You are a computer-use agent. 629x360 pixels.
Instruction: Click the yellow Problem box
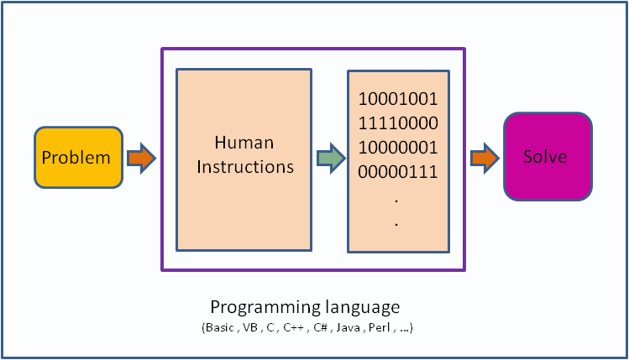coord(78,157)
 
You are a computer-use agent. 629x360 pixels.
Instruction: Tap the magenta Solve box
coord(545,157)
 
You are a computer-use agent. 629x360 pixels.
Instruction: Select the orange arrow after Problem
coord(141,157)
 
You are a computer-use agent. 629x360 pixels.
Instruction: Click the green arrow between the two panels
coord(330,157)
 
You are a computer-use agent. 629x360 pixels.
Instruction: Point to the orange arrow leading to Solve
coord(485,157)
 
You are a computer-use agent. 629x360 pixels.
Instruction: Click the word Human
coord(244,143)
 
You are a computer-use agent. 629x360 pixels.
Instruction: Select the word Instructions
coord(245,166)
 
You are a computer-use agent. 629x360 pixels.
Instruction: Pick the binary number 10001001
coord(398,99)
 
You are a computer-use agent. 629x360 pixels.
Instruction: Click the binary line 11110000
coord(398,123)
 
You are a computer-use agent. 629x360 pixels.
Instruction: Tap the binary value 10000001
coord(398,148)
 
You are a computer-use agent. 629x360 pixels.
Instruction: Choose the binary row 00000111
coord(398,172)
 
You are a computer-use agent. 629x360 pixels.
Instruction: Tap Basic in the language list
coord(218,327)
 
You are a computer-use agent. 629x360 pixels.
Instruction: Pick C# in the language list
coord(317,327)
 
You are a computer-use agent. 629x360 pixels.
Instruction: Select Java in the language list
coord(346,327)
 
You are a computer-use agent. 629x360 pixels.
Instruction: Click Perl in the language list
coord(378,327)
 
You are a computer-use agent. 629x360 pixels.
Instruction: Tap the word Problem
coord(76,158)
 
